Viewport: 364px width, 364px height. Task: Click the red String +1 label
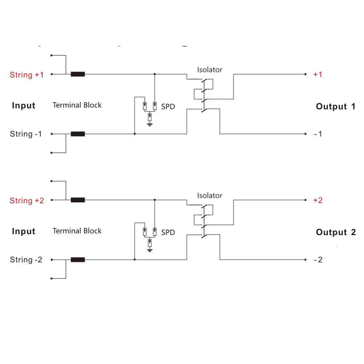point(27,75)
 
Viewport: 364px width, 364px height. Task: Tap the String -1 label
point(26,134)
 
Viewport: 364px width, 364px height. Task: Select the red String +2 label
point(27,201)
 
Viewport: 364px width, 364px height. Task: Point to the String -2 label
point(26,260)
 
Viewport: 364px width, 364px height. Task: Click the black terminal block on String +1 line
point(78,74)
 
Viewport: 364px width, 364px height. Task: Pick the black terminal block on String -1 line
point(78,134)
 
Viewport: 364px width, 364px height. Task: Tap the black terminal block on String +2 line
point(78,200)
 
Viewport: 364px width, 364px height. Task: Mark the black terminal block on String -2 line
point(78,260)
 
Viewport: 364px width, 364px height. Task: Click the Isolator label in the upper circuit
point(210,70)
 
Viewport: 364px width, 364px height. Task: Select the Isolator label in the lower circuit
point(210,195)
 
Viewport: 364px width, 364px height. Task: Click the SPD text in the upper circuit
point(168,107)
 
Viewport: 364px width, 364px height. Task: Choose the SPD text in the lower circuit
point(168,232)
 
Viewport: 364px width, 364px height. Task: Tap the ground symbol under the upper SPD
point(150,124)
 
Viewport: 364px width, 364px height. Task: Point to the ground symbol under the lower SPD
point(150,250)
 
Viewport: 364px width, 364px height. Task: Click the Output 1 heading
point(336,106)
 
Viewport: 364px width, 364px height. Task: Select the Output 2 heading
point(336,232)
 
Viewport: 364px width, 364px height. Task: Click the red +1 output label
point(317,75)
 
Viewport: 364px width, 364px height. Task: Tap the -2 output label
point(318,260)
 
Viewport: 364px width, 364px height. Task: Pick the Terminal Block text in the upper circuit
point(77,105)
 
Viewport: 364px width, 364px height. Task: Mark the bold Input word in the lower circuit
point(24,231)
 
